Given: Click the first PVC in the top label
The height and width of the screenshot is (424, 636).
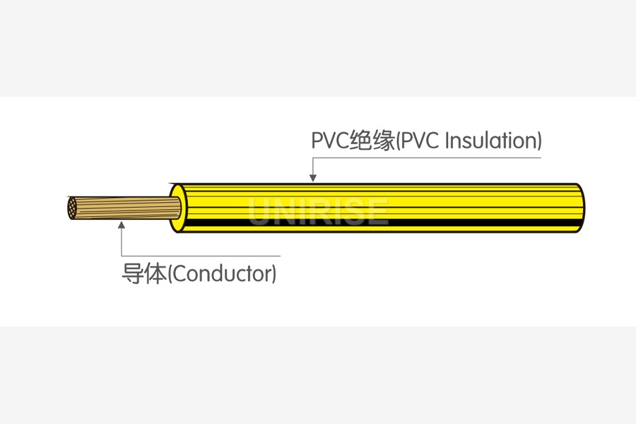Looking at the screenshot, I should tap(330, 141).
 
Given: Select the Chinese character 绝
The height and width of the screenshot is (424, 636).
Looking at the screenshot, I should tap(361, 141).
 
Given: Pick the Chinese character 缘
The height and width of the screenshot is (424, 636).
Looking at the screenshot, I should tap(384, 141).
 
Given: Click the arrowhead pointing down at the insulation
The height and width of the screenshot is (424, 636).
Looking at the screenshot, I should tap(312, 177).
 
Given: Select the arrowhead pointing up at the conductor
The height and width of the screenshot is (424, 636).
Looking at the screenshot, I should tap(122, 225).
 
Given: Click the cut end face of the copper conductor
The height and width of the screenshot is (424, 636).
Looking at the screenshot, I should tap(71, 208).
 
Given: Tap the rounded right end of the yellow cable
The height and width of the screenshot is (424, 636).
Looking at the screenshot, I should tap(580, 208).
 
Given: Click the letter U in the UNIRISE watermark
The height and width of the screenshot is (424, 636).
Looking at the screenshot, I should tap(259, 211).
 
